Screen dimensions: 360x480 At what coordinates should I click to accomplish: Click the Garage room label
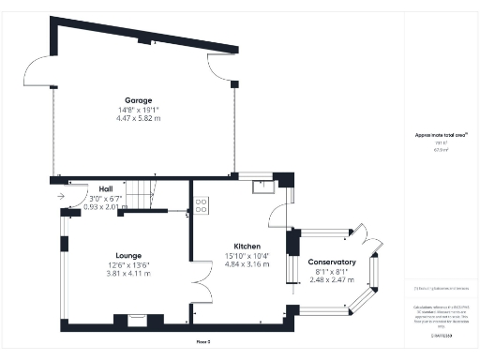point(140,99)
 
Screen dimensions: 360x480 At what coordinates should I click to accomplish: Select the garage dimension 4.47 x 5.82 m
point(140,119)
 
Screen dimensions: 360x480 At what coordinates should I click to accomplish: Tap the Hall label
point(106,188)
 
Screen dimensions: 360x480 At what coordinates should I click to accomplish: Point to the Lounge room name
point(128,254)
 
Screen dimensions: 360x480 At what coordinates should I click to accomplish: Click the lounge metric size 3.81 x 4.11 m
point(128,274)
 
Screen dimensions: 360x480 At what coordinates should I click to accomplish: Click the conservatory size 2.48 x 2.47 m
point(332,280)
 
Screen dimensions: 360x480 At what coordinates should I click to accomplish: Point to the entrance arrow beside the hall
point(62,197)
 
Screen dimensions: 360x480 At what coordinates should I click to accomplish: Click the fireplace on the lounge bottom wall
point(137,320)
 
